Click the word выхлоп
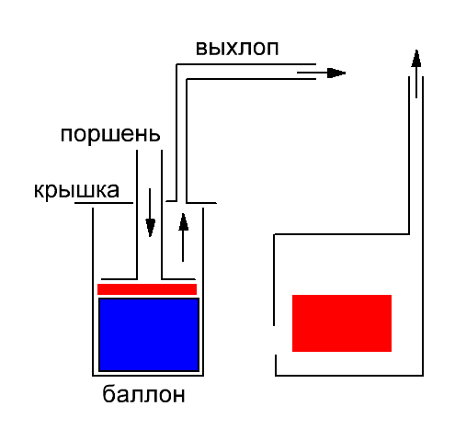[x=237, y=48]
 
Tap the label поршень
[x=110, y=134]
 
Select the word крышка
[x=76, y=190]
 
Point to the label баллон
[x=143, y=394]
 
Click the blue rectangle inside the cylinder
[x=149, y=334]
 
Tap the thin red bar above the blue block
[x=147, y=289]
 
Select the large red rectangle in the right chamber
[x=342, y=323]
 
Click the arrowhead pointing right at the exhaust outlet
[x=336, y=73]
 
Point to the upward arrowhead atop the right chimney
[x=415, y=58]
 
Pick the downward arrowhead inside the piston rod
[x=150, y=228]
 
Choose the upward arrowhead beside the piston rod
[x=183, y=221]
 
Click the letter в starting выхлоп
[x=201, y=50]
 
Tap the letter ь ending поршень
[x=154, y=136]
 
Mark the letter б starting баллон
[x=108, y=394]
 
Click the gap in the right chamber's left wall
[x=275, y=340]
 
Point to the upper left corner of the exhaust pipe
[x=176, y=64]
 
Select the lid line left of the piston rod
[x=104, y=203]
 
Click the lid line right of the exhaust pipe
[x=201, y=203]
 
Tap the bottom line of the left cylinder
[x=148, y=376]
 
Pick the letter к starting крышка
[x=39, y=191]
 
